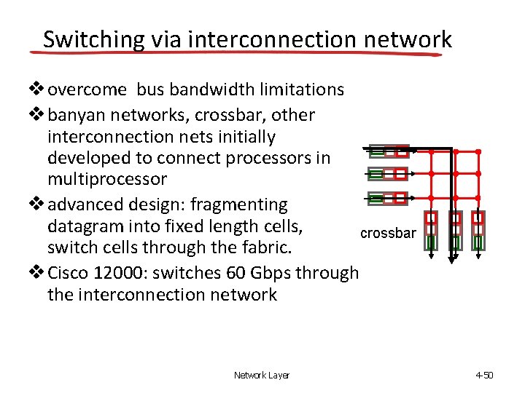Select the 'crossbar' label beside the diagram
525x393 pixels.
pos(389,233)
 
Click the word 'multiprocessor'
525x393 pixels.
pos(107,179)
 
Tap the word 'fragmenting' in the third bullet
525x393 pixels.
pos(238,205)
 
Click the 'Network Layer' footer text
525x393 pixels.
pos(261,376)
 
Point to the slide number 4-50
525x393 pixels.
pos(484,376)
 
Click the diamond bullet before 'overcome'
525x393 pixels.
pos(38,90)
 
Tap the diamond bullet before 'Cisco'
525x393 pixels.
pos(38,273)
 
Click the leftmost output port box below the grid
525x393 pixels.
pos(432,230)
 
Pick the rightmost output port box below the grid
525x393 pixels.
pos(478,230)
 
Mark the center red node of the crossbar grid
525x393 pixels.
pos(455,175)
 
